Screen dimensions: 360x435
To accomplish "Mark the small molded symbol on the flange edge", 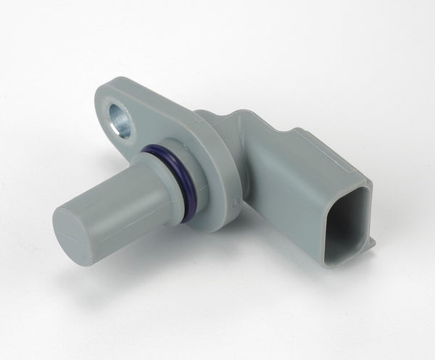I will tap(234, 197).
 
